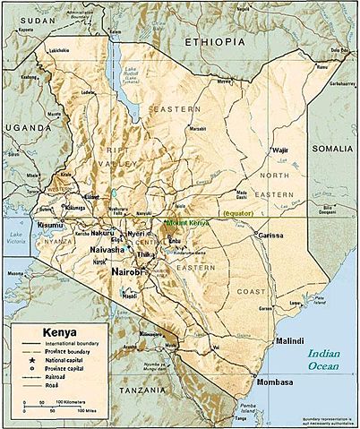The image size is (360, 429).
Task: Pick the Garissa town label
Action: point(270,236)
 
